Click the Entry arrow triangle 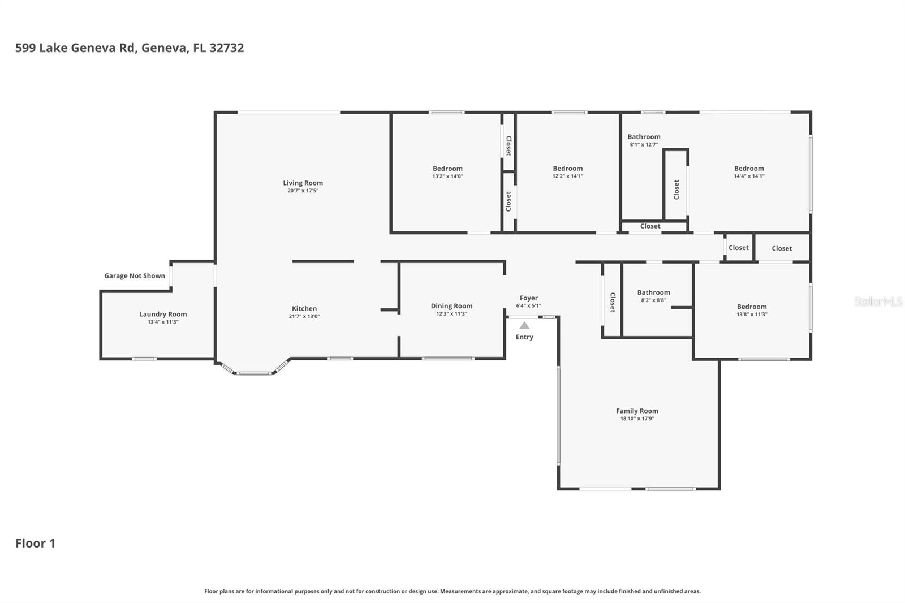(524, 325)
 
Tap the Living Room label (303, 183)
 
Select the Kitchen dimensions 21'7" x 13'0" (304, 317)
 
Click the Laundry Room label (163, 314)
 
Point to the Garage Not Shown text (135, 276)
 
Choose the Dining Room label (451, 306)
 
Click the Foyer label (528, 298)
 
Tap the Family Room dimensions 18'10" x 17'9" (637, 419)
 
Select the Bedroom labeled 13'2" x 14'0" (447, 169)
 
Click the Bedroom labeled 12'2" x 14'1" (567, 169)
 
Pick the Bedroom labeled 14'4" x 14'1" (749, 169)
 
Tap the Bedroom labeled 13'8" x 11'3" (752, 307)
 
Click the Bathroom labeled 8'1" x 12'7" (644, 137)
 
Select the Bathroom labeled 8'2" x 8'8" (653, 292)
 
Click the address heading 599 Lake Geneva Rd (130, 48)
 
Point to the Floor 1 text (35, 543)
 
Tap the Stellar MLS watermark (878, 301)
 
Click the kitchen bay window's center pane (254, 373)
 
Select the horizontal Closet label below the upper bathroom (650, 226)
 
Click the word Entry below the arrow (524, 337)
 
